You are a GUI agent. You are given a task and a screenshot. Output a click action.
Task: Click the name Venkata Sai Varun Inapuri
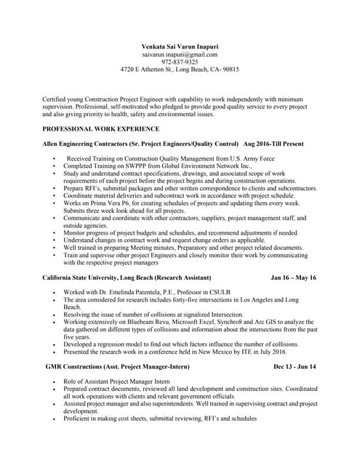coord(180,46)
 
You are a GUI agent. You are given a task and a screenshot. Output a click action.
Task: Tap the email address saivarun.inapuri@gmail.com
coord(180,54)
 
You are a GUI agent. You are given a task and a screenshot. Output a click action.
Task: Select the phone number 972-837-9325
coord(180,62)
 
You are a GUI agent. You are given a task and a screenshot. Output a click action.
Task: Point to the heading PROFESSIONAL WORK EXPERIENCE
coord(101,129)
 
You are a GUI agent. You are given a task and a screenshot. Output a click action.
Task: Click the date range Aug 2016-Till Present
coord(273,145)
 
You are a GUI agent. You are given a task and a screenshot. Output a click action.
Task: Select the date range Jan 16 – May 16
coord(293,278)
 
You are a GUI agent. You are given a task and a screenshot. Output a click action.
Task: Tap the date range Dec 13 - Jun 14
coord(295,367)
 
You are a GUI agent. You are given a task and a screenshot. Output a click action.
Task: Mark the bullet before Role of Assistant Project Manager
coord(55,381)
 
